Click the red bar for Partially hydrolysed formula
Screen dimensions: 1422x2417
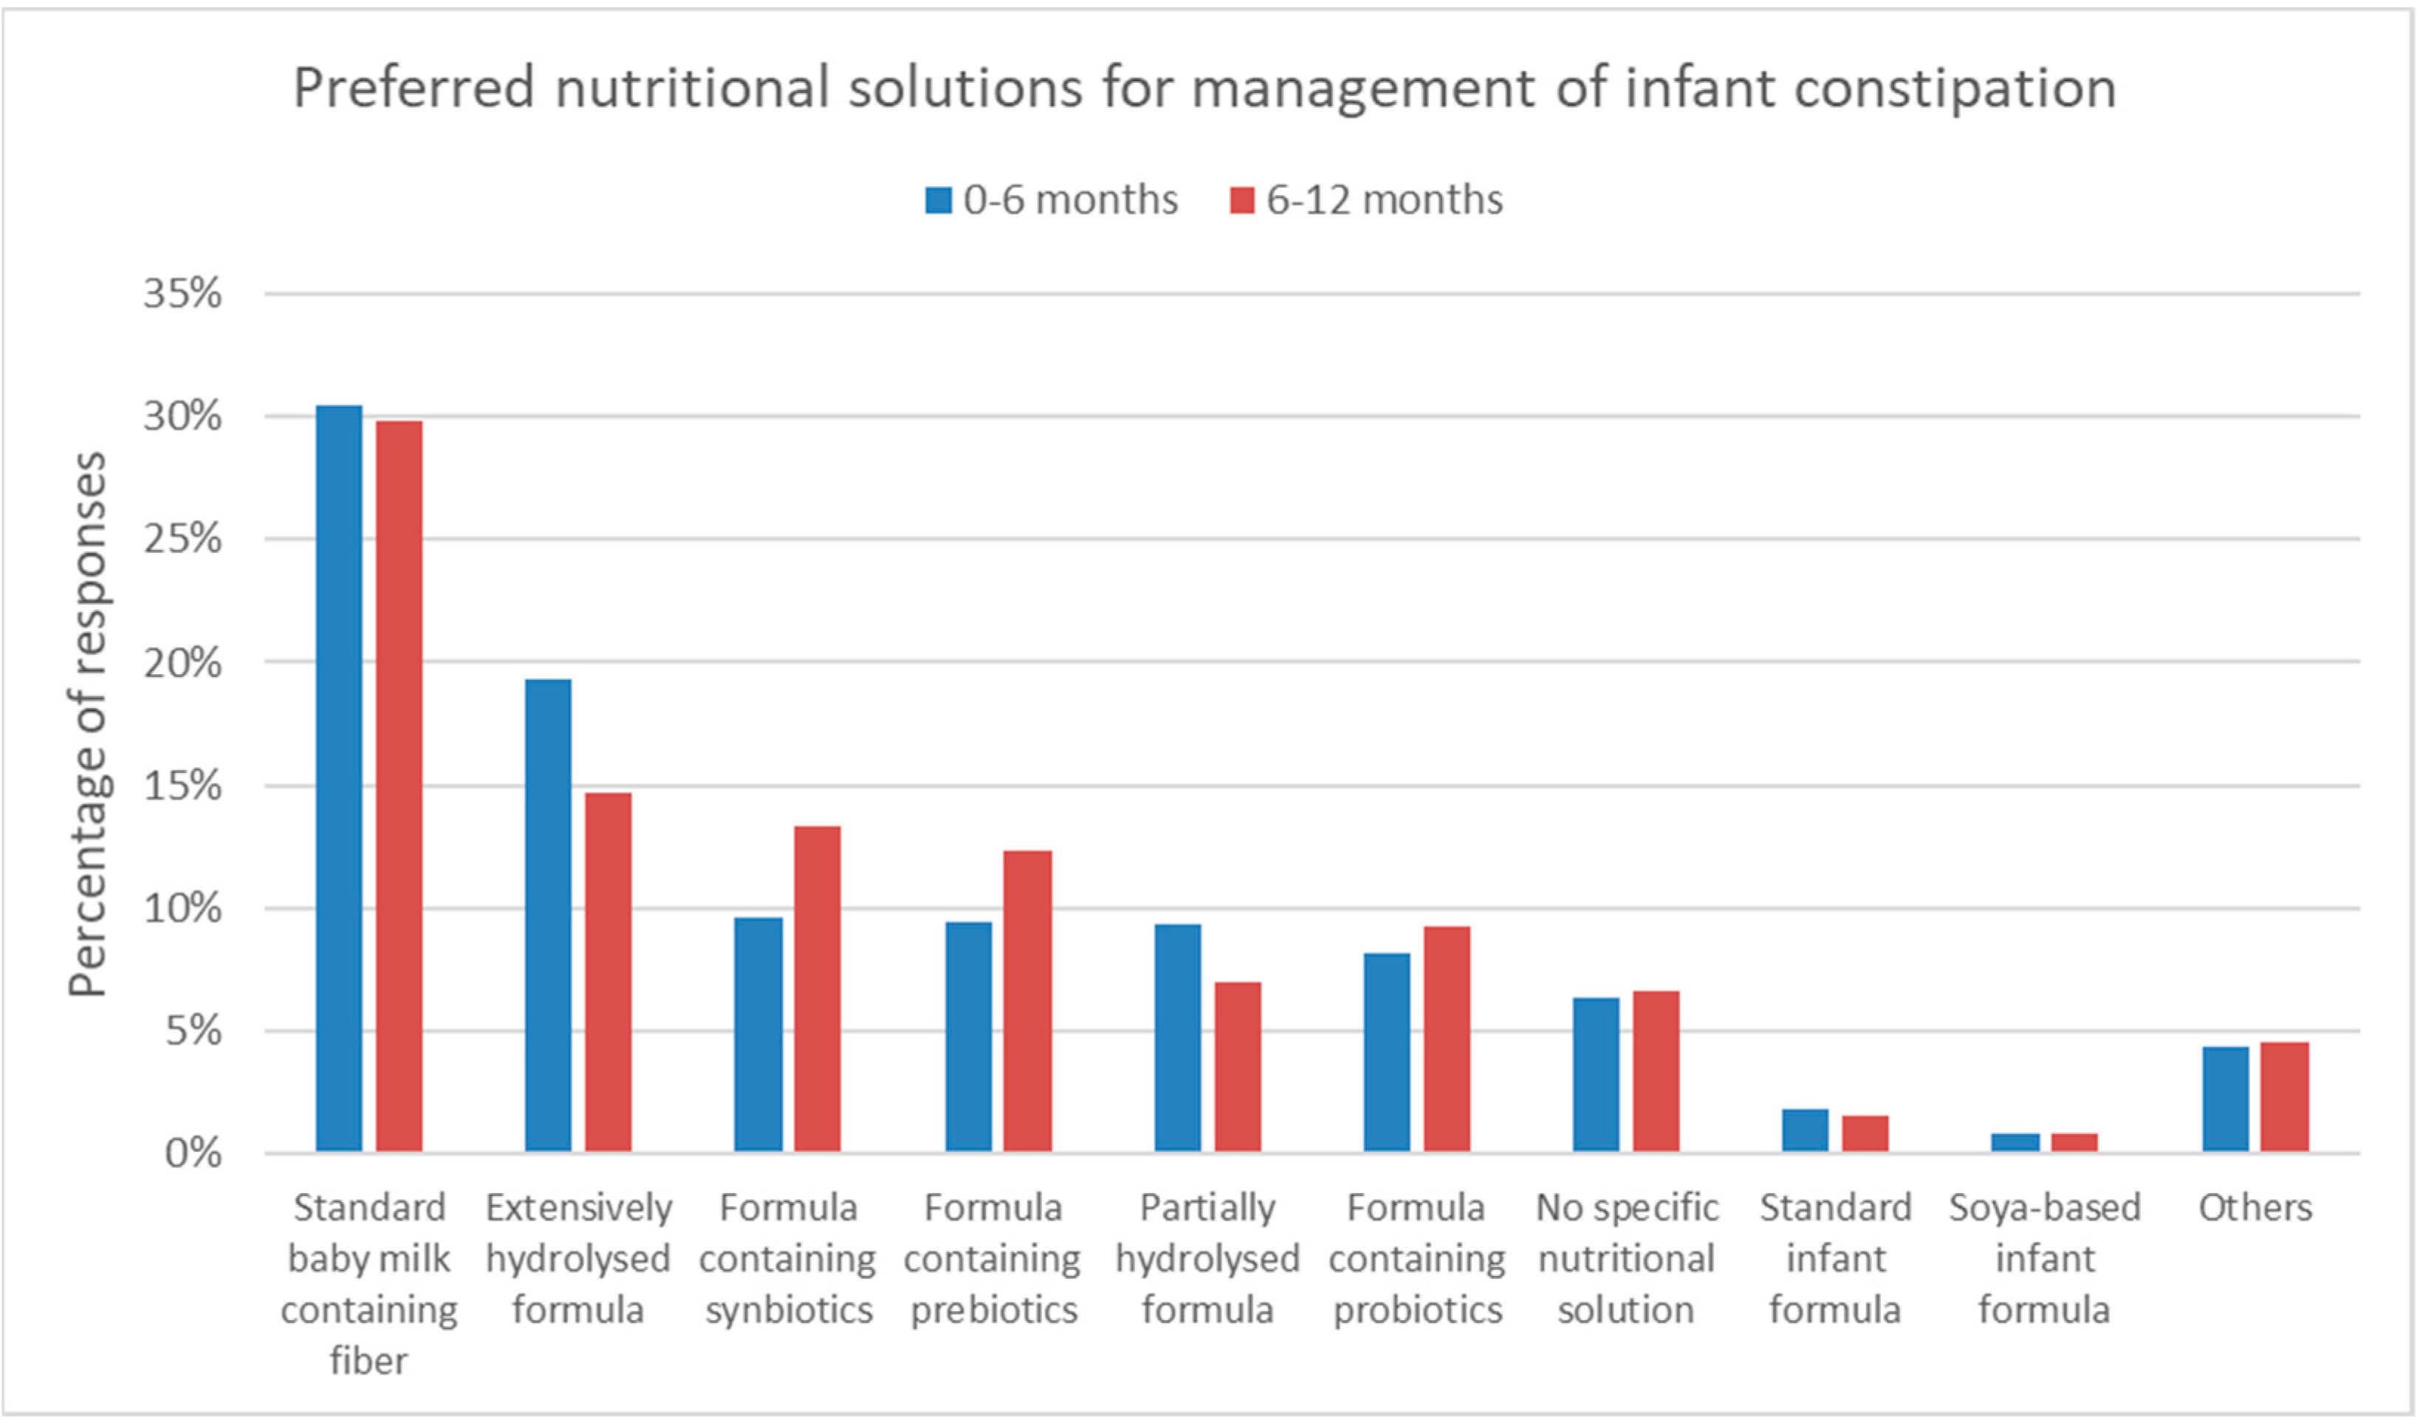tap(1237, 1065)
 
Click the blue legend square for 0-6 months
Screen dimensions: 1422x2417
tap(938, 200)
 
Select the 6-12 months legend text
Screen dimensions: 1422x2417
tap(1384, 200)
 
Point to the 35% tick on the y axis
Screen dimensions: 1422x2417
tap(182, 293)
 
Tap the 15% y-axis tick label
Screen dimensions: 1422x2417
tap(182, 786)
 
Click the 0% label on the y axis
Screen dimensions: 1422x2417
tap(193, 1153)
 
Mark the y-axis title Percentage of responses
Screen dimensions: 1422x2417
tap(88, 724)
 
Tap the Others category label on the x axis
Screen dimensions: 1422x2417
tap(2255, 1207)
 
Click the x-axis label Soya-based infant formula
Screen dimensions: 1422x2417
tap(2045, 1258)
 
